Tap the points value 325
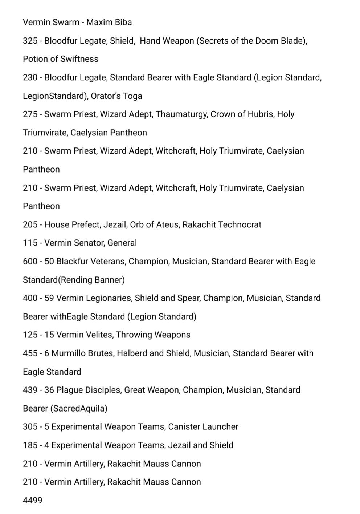(30, 41)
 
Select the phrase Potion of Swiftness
(61, 59)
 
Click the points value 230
(30, 77)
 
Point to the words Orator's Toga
(116, 96)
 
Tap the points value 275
(30, 114)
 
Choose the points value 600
(30, 261)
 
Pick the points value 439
(30, 390)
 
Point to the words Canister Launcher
(203, 426)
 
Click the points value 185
(30, 445)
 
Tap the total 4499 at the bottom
(33, 500)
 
